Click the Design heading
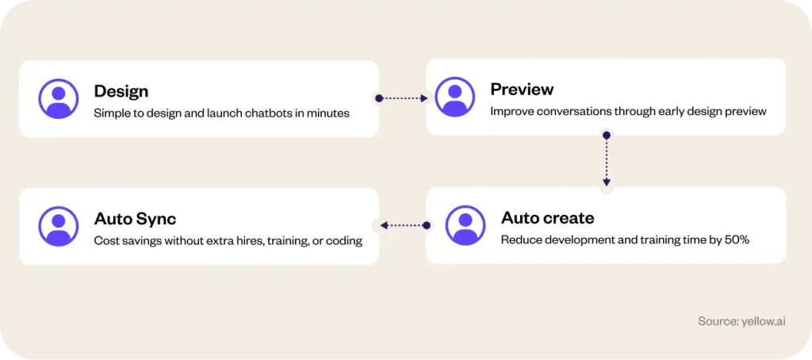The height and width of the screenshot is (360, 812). [121, 91]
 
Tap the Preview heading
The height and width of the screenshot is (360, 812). [522, 89]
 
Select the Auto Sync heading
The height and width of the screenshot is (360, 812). [135, 219]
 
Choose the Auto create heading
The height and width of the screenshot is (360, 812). [547, 218]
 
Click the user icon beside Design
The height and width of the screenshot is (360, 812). [59, 98]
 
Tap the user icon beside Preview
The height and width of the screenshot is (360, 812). [454, 97]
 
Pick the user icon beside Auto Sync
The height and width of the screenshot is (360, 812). [59, 226]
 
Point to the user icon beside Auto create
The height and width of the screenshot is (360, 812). [465, 225]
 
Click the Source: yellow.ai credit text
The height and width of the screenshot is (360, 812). [741, 321]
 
